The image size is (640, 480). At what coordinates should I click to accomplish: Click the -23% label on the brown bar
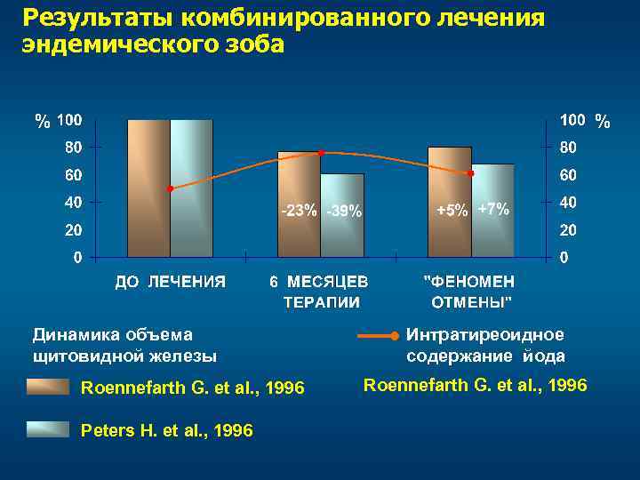click(298, 211)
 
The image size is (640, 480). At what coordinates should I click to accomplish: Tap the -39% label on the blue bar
click(343, 212)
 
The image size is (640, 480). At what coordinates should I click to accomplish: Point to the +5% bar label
click(452, 211)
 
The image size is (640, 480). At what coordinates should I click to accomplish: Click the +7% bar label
click(493, 209)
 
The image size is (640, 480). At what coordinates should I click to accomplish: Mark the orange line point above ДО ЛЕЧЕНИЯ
click(170, 188)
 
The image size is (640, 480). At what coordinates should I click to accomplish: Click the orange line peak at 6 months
click(321, 153)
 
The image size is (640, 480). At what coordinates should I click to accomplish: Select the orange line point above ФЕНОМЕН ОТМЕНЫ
click(471, 173)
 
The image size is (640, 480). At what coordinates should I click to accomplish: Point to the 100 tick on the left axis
click(70, 119)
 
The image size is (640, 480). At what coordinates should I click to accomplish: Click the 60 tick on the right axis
click(568, 174)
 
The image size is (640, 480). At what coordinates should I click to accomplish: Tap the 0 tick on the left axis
click(78, 258)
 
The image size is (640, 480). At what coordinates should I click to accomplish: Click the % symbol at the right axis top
click(603, 121)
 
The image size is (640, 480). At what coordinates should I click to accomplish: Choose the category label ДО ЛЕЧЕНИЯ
click(170, 282)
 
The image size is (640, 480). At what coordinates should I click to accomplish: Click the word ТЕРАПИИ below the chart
click(321, 301)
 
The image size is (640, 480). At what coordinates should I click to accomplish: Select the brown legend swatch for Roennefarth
click(47, 388)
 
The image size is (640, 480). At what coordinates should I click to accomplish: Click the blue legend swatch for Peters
click(47, 430)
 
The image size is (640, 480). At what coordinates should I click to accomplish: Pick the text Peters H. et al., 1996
click(166, 430)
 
